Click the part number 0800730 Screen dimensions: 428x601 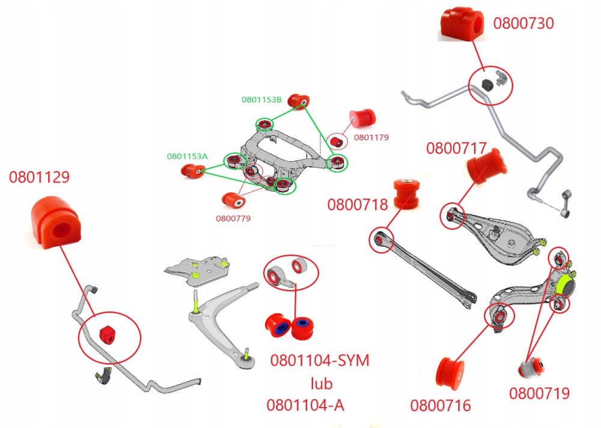tap(523, 23)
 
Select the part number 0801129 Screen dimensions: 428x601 tap(39, 177)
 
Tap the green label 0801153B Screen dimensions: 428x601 tap(261, 100)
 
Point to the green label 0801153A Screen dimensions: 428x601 tap(187, 156)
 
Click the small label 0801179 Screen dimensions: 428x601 tap(371, 137)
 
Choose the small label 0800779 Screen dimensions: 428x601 tap(233, 218)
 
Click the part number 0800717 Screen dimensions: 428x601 tap(456, 148)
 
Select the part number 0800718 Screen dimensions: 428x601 tap(358, 204)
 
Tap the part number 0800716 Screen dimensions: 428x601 tap(441, 405)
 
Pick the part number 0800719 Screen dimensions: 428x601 tap(539, 393)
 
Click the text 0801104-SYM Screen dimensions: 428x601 tap(320, 361)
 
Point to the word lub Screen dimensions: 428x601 tap(321, 383)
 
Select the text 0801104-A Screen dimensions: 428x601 tap(306, 405)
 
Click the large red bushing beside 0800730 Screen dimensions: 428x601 tap(463, 24)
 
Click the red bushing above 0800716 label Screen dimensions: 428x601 tap(451, 373)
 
